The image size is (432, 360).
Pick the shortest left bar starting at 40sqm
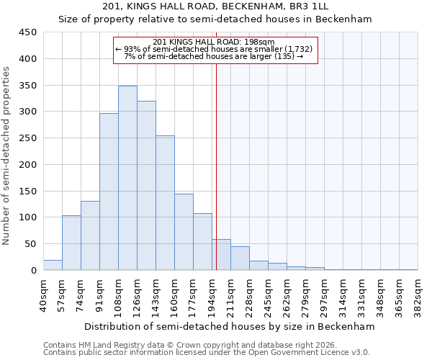tap(53, 266)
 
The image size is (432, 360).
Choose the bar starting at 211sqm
tap(240, 258)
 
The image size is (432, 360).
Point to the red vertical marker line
tap(216, 166)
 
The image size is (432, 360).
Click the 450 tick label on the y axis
tap(28, 32)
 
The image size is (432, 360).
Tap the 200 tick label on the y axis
tap(28, 165)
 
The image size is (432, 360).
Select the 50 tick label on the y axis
tap(31, 244)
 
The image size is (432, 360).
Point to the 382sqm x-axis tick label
tap(418, 294)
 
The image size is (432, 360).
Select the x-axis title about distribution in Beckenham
tap(230, 326)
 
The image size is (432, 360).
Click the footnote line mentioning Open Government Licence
tap(206, 352)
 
